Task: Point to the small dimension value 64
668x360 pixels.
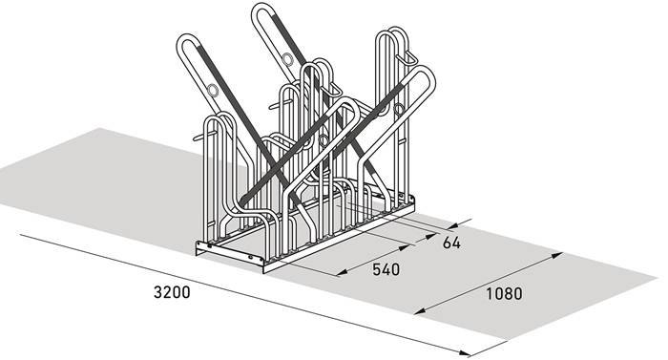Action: (451, 243)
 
